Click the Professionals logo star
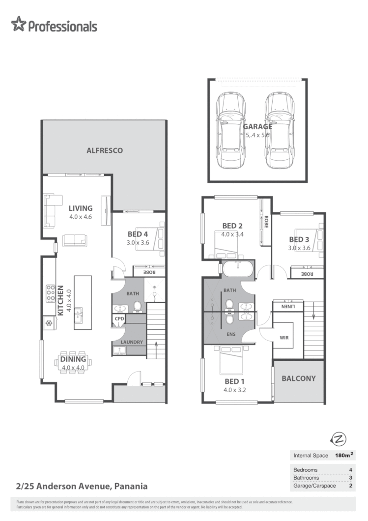pos(18,24)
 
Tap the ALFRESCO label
pos(105,150)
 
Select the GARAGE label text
pos(257,126)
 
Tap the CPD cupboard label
pos(119,318)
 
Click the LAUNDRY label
pos(131,342)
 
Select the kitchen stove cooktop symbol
pos(50,294)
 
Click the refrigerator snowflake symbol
pos(49,323)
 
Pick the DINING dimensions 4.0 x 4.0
pos(73,367)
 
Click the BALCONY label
pos(299,378)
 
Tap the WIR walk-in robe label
pos(283,338)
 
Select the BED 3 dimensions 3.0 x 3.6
pos(299,248)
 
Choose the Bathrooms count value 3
pos(350,477)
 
